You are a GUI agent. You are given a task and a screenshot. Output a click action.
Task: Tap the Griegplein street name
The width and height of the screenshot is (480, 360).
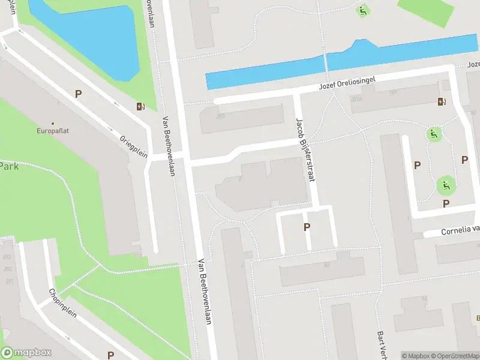[133, 145]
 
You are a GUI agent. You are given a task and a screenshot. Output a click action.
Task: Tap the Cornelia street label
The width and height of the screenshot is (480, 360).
[459, 230]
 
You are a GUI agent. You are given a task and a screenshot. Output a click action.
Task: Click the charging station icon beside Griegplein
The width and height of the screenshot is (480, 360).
[140, 107]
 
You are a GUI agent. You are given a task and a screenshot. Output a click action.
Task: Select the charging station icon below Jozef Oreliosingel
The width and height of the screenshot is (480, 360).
[442, 101]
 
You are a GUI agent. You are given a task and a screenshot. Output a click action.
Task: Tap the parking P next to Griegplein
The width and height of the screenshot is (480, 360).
[78, 94]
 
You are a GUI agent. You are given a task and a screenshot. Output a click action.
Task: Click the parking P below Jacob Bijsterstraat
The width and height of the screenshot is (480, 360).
[307, 227]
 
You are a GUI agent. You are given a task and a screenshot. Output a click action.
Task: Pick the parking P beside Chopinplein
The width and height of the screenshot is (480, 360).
[110, 355]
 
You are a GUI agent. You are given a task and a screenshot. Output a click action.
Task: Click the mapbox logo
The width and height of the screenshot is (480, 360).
[26, 353]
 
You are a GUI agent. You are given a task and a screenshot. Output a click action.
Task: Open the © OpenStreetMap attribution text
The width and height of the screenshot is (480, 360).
[455, 356]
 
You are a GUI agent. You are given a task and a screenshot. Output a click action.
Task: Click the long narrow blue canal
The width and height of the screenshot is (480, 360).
[342, 63]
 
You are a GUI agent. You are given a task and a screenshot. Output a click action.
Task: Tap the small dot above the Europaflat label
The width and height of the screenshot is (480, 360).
[53, 122]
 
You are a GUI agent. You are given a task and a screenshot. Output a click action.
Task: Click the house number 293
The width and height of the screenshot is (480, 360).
[7, 257]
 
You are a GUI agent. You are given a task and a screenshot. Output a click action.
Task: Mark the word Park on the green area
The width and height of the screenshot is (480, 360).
[8, 166]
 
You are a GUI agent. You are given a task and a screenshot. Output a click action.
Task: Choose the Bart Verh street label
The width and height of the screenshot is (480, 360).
[381, 342]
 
